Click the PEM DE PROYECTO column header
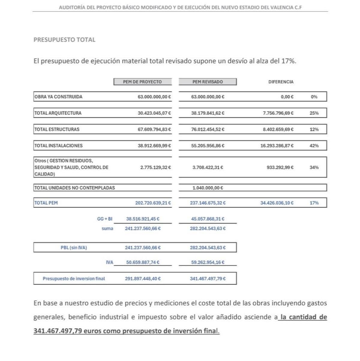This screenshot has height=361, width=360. click(x=142, y=82)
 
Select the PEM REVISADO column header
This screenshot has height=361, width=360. click(x=208, y=82)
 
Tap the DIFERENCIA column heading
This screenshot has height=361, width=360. click(x=281, y=82)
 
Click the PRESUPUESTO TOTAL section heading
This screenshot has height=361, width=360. click(x=64, y=40)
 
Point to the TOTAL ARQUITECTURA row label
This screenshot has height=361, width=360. click(x=58, y=113)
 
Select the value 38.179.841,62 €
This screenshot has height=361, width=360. click(x=208, y=113)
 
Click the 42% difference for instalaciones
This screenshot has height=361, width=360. click(x=314, y=146)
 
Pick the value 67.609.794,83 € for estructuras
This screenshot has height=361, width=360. click(x=154, y=130)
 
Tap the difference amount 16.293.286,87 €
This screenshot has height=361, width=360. click(x=277, y=146)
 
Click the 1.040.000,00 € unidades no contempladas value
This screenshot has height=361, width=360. click(x=208, y=188)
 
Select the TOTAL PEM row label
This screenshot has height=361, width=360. click(x=46, y=203)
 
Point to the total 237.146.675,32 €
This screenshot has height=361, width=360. click(x=208, y=203)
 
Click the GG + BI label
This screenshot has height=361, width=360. click(x=105, y=219)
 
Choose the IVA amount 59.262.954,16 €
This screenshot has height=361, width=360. click(x=208, y=262)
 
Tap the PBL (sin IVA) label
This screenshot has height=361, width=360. click(x=74, y=248)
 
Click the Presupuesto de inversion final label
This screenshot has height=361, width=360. click(x=74, y=279)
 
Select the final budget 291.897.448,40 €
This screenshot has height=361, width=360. click(x=143, y=279)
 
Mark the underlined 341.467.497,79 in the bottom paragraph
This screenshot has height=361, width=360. click(x=57, y=331)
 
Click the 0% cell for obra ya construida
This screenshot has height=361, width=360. click(x=314, y=97)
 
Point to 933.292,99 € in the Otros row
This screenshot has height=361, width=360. click(x=280, y=167)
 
